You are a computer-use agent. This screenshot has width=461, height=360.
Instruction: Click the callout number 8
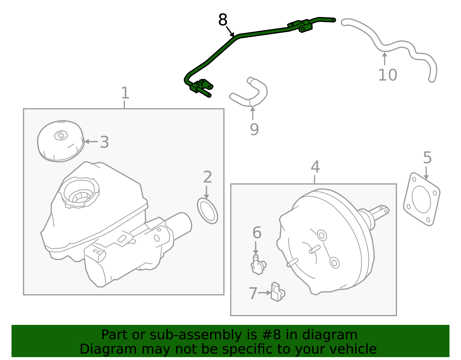[222, 20]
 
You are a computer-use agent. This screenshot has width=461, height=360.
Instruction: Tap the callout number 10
[388, 75]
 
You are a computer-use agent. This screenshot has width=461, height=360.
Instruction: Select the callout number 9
[254, 129]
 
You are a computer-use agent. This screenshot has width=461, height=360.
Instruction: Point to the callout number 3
[104, 142]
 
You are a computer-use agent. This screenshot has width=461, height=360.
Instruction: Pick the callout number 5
[427, 158]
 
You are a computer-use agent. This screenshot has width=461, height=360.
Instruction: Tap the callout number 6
[257, 232]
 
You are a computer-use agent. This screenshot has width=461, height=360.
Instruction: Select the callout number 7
[253, 293]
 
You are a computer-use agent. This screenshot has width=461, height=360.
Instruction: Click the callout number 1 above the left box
[125, 93]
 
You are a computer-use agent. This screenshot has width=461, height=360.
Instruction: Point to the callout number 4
[315, 167]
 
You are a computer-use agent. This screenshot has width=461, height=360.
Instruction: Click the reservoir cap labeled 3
[61, 141]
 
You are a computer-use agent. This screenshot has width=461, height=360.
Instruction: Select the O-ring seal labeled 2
[207, 211]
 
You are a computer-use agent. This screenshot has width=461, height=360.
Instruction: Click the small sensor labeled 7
[278, 292]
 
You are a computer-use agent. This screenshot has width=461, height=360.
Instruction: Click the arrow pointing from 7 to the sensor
[264, 293]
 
